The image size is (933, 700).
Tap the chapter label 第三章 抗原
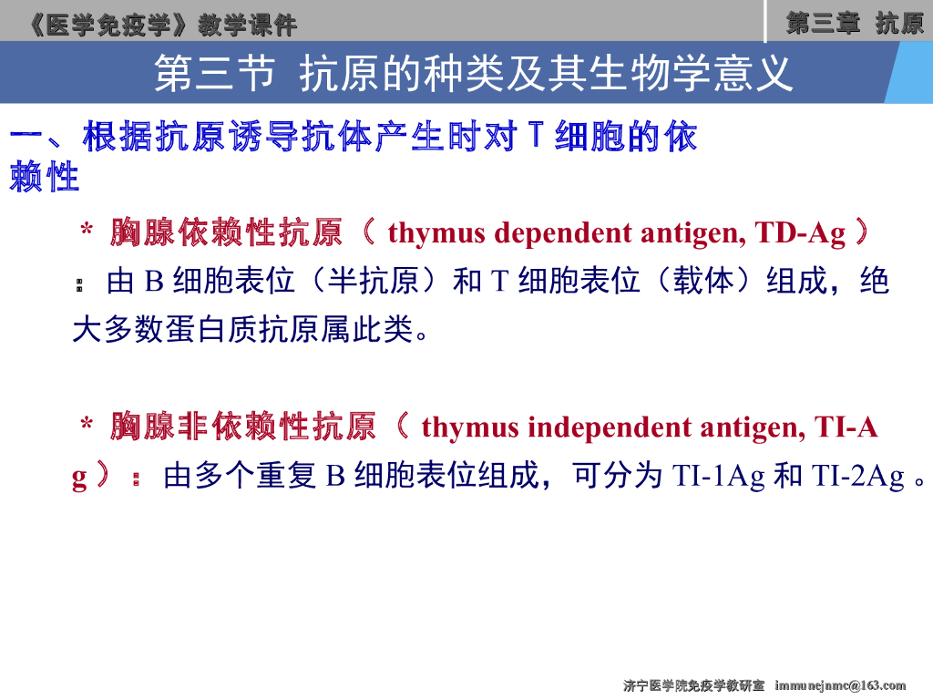[x=855, y=23]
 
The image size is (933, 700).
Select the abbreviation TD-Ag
[x=801, y=233]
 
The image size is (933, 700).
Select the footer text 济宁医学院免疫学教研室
[x=693, y=685]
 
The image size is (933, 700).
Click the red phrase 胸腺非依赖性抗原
[x=243, y=427]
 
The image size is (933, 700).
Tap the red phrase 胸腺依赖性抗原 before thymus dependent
[x=226, y=233]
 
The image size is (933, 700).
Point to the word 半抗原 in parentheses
[x=374, y=282]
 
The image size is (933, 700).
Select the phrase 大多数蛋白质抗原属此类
[x=242, y=329]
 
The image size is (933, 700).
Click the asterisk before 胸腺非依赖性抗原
[x=87, y=427]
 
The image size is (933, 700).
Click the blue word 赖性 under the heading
[x=45, y=179]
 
